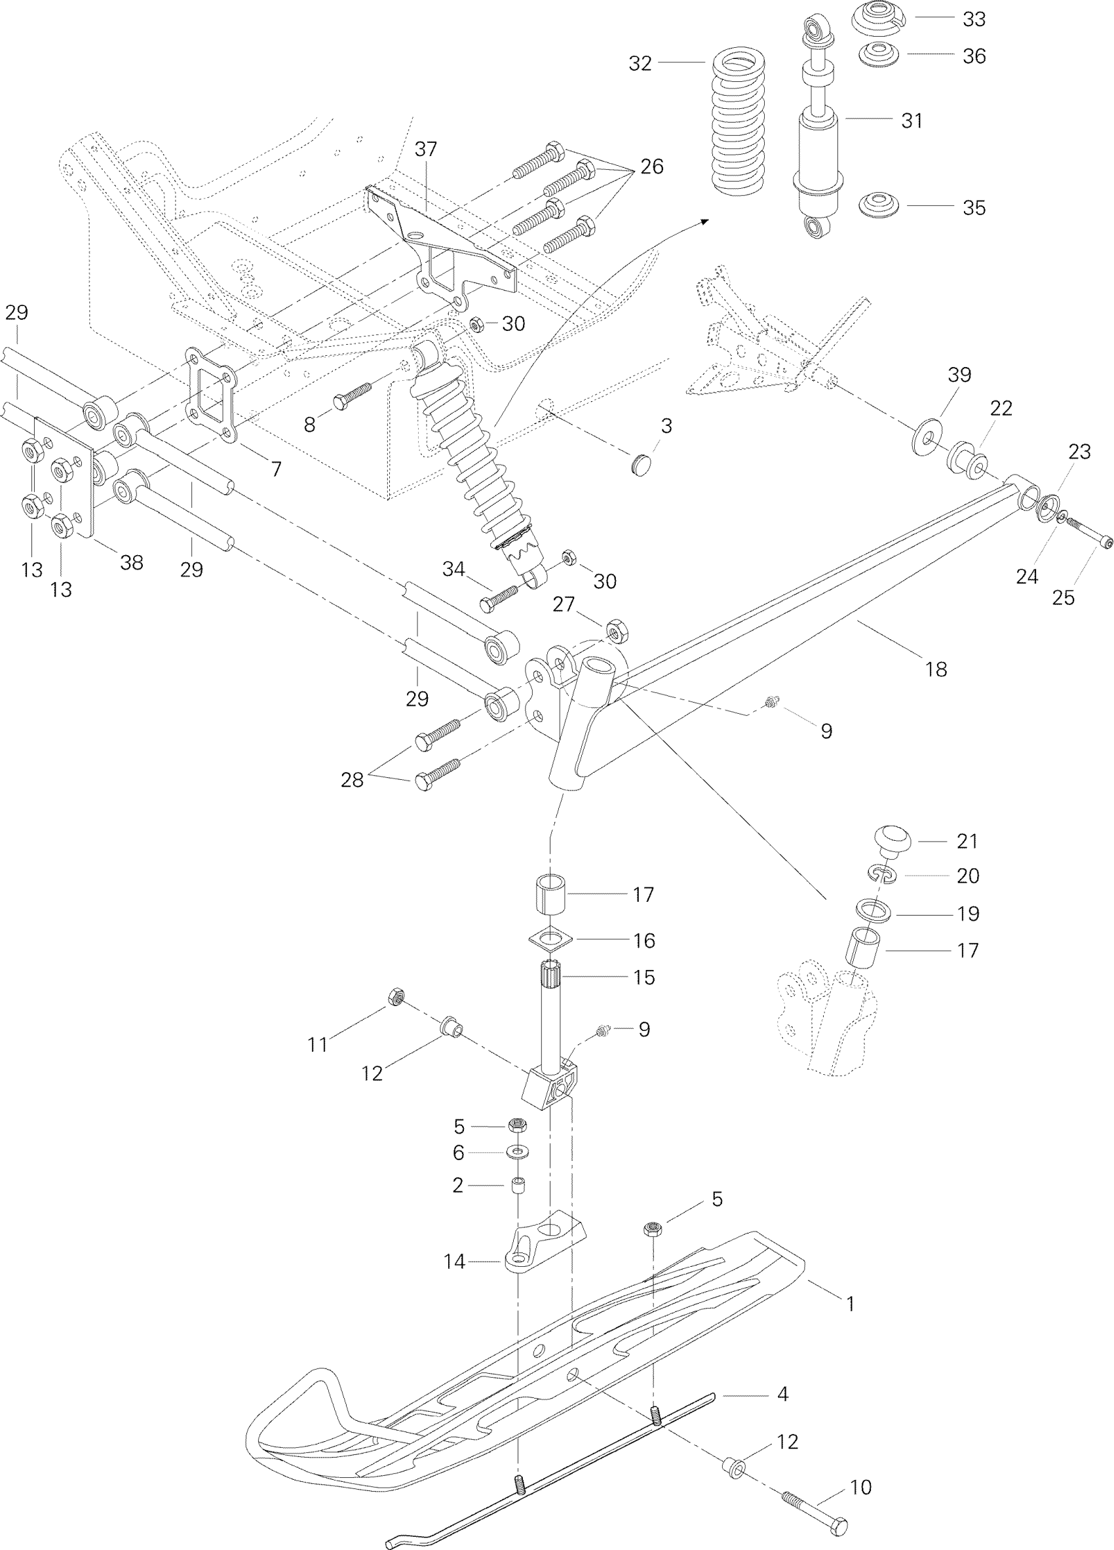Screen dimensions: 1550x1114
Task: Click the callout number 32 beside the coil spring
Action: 640,64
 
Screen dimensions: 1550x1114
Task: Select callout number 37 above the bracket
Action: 425,149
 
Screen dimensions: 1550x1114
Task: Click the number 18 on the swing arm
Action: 936,669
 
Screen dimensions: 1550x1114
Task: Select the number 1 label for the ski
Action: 850,1304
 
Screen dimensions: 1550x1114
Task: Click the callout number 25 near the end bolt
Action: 1064,597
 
